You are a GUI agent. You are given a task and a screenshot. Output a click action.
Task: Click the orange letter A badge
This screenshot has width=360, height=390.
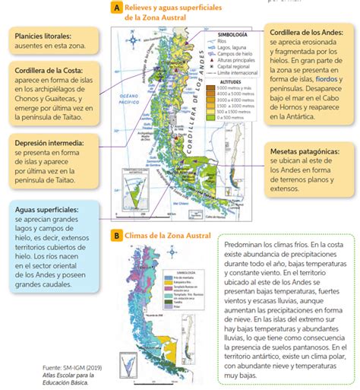click(x=117, y=8)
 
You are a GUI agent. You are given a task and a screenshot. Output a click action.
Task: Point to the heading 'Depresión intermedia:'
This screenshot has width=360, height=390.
click(x=47, y=141)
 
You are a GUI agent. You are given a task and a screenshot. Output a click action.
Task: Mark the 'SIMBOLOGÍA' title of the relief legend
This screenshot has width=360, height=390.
click(x=232, y=35)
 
